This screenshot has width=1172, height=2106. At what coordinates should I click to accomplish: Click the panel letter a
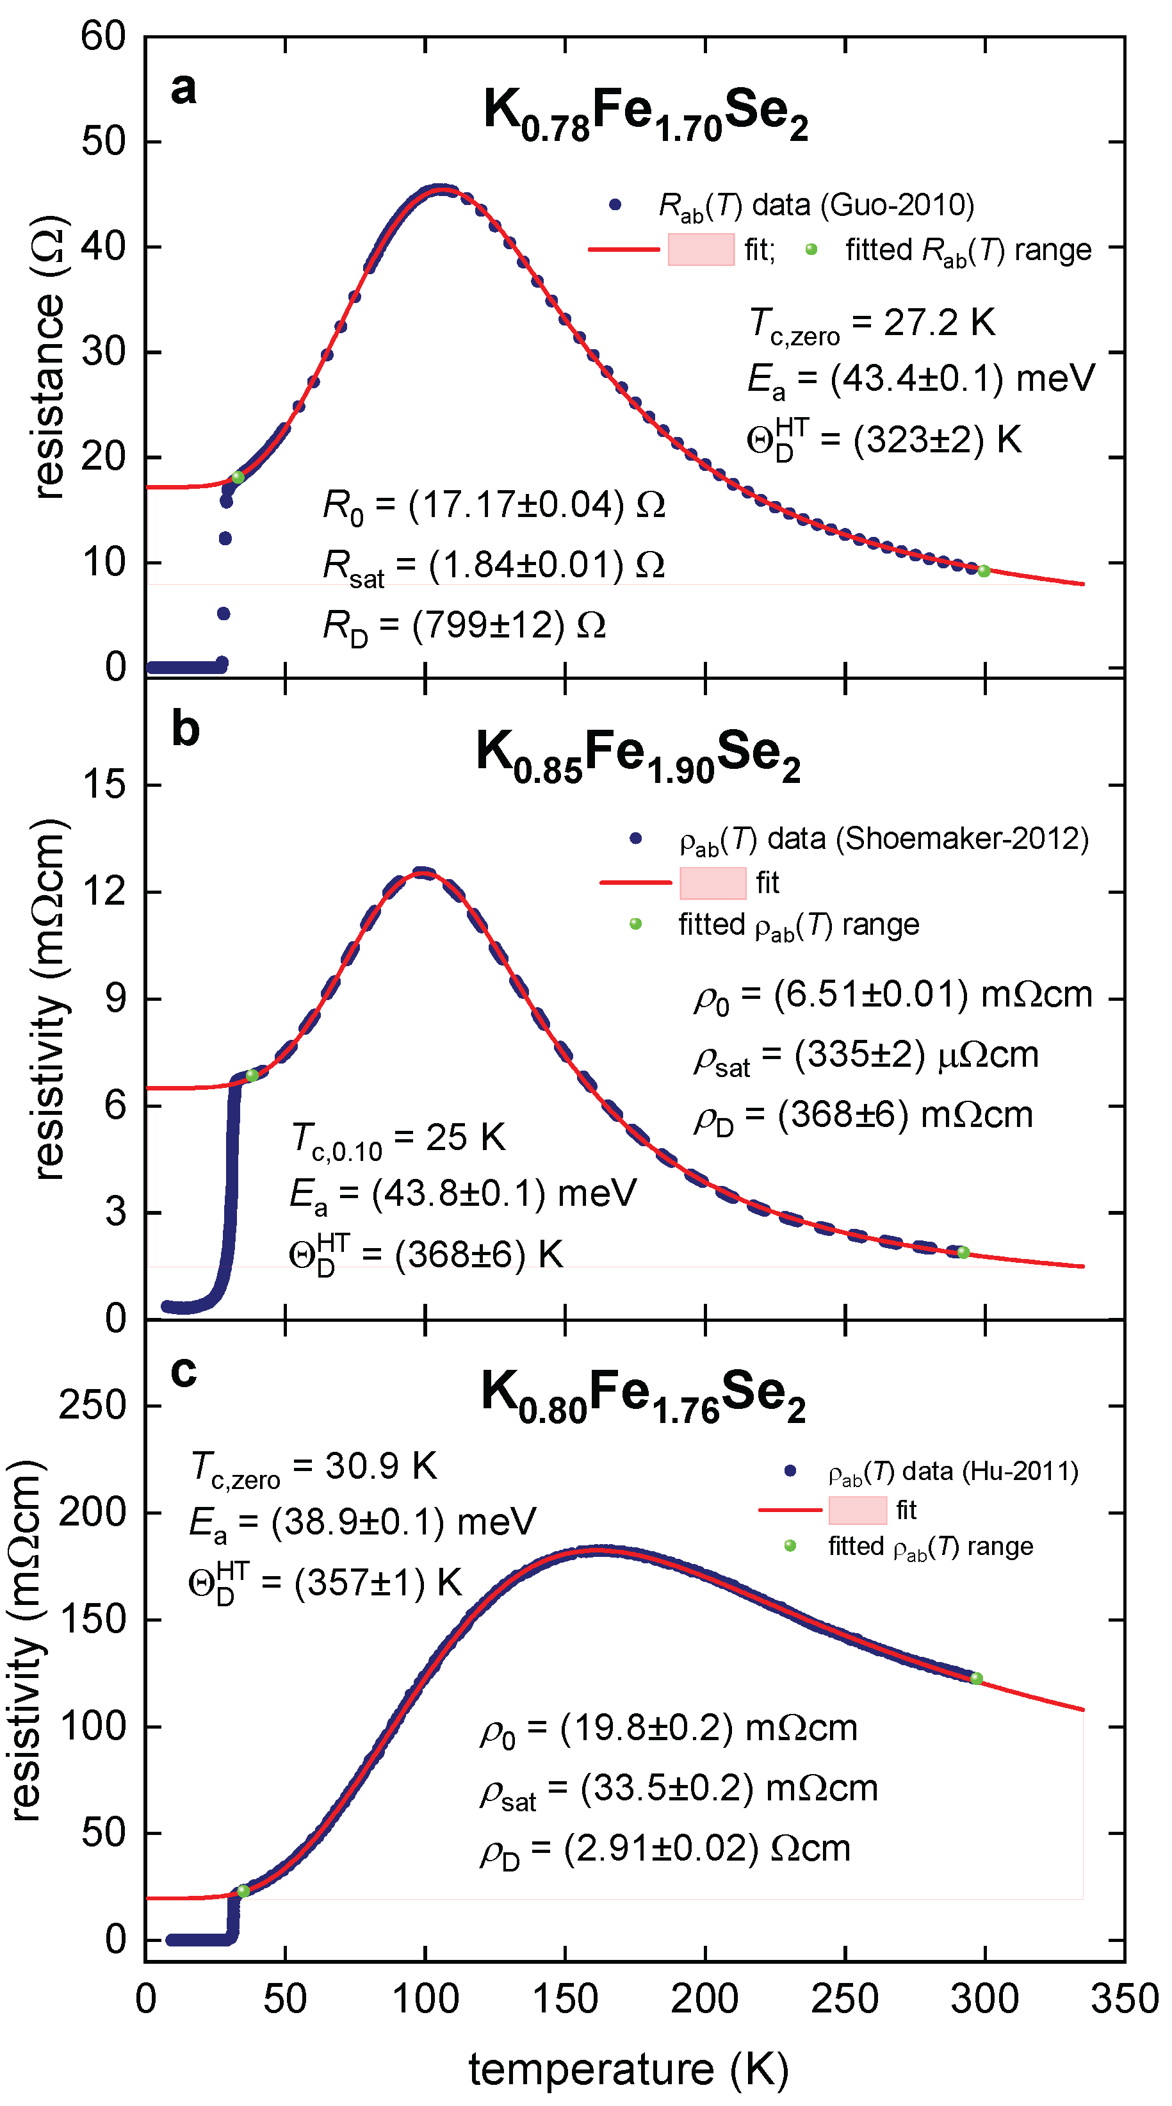183,88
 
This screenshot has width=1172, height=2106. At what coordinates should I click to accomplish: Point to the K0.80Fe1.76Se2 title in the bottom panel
643,1395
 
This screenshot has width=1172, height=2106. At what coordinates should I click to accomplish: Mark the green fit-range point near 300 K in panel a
984,572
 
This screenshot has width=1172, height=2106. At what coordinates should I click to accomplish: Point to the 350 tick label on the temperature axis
1125,1999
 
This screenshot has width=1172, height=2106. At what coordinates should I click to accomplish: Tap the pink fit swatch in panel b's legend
713,883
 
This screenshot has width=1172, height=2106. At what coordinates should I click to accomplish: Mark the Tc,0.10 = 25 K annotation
399,1139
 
